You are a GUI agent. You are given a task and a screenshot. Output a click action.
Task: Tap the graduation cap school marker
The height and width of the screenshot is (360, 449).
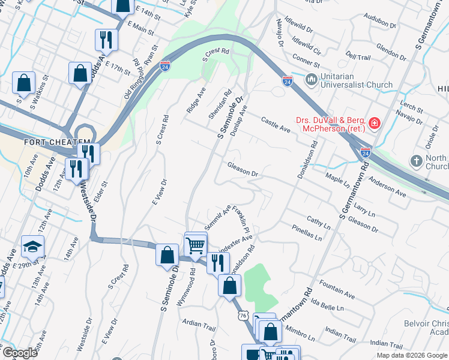[x=32, y=247]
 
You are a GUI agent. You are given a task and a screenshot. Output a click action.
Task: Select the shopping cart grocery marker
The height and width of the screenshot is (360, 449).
[x=195, y=245]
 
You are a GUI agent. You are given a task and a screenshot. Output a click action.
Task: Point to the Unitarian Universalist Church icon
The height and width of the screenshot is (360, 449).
[x=311, y=79]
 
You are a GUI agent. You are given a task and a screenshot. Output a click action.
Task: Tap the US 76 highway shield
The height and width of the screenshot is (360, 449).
[x=243, y=315]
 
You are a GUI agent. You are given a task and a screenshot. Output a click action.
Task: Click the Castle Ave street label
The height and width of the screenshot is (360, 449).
[x=276, y=125]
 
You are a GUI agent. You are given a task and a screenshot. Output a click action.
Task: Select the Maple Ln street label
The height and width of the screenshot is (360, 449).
[x=337, y=179]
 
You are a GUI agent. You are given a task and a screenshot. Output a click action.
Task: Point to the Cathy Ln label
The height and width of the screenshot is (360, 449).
[x=319, y=223]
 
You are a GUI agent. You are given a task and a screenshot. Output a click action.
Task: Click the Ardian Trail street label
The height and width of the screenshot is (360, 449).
[x=199, y=325]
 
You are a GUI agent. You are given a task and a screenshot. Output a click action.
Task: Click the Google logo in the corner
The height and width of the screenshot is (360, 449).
[x=20, y=353]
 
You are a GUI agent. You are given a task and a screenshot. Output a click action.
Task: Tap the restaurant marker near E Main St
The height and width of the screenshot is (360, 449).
[x=106, y=40]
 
